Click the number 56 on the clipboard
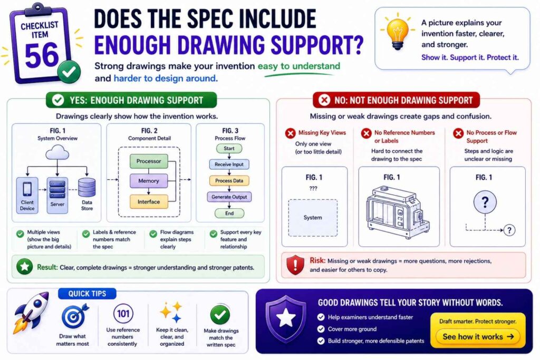42,55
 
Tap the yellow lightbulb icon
398,33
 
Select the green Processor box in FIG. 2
149,161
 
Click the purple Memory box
149,181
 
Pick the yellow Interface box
149,202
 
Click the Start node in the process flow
229,148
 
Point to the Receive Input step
229,164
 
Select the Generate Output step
229,197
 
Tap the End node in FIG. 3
229,213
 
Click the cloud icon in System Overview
57,152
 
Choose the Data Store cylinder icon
87,188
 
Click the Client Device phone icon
27,189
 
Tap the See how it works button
478,337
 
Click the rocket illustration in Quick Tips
31,312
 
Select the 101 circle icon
123,314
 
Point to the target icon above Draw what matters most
74,316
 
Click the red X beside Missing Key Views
291,133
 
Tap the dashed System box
313,218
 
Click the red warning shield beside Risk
295,265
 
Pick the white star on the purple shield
285,318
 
